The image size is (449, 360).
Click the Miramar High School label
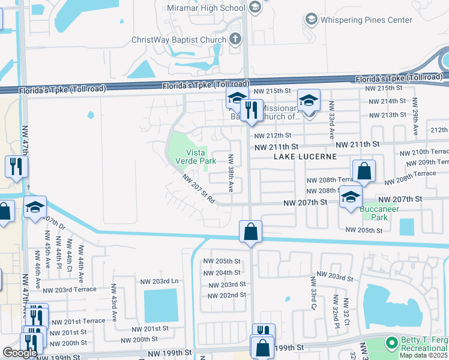pyautogui.click(x=203, y=7)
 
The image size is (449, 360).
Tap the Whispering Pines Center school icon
pyautogui.click(x=311, y=20)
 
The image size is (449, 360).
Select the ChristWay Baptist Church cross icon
pyautogui.click(x=235, y=40)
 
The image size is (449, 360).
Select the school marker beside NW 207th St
pyautogui.click(x=350, y=197)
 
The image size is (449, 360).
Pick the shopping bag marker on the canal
pyautogui.click(x=250, y=232)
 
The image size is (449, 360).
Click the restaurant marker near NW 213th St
pyautogui.click(x=252, y=110)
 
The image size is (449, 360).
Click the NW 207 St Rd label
pyautogui.click(x=199, y=188)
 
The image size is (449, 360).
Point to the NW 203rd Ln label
pyautogui.click(x=160, y=281)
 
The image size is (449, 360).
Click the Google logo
pyautogui.click(x=20, y=353)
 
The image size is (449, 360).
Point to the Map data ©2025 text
pyautogui.click(x=424, y=356)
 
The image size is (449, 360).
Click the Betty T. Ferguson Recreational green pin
pyautogui.click(x=391, y=343)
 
